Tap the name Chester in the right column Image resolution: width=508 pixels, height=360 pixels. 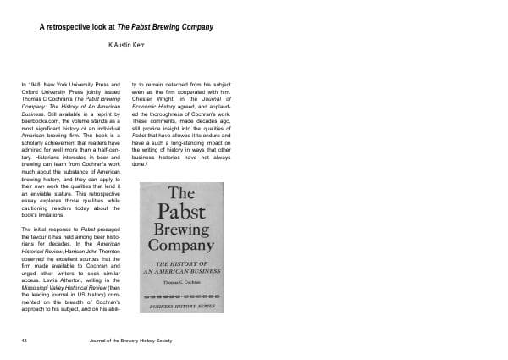click(x=148, y=102)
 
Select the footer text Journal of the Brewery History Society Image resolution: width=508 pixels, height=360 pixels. click(x=140, y=339)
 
